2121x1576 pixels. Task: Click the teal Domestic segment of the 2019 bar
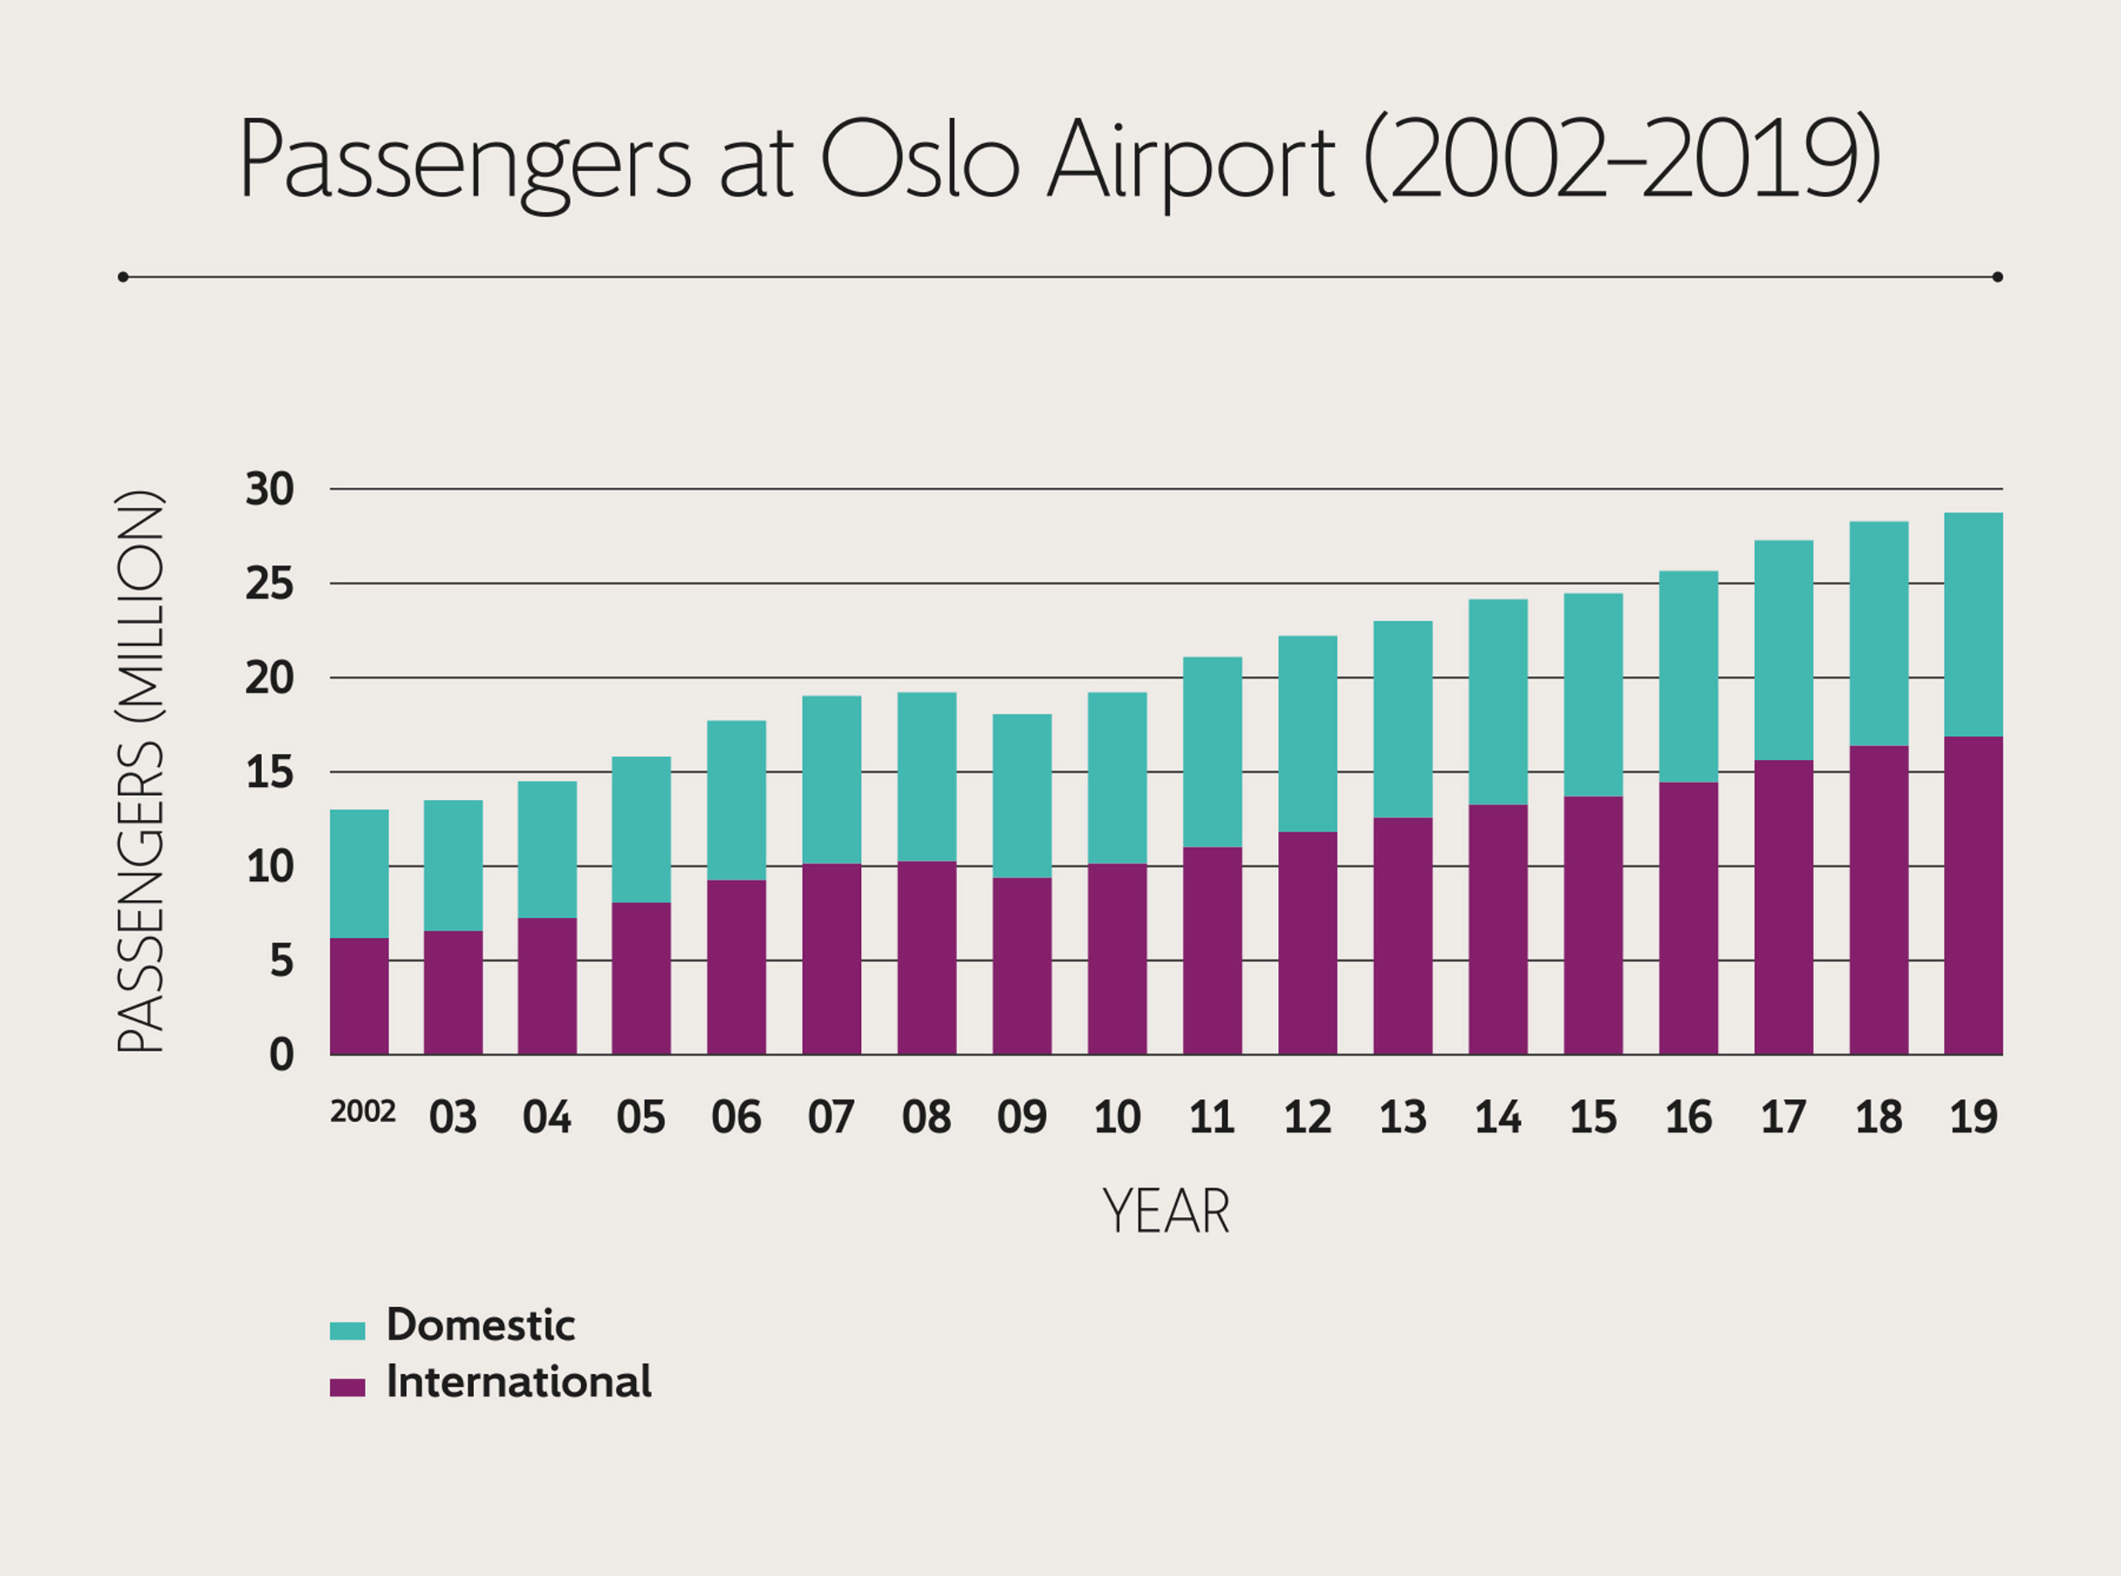coord(1973,624)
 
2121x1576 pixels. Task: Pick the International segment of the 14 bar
coord(1498,929)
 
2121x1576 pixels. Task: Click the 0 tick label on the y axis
coord(281,1056)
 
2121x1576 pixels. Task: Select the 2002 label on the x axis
coord(362,1112)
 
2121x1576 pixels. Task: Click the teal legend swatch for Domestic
coord(348,1331)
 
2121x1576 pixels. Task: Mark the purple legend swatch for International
coord(348,1388)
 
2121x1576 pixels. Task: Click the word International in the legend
coord(518,1383)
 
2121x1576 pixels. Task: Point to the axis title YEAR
coord(1166,1212)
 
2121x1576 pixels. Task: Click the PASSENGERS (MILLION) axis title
coord(140,771)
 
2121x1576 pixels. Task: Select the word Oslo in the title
coord(919,160)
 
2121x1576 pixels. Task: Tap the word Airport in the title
coord(1191,160)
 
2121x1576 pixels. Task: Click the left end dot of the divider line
coord(123,277)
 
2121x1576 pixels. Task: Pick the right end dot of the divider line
coord(1997,277)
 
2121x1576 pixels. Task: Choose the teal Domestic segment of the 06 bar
coord(735,799)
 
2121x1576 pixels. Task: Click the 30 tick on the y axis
coord(269,490)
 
